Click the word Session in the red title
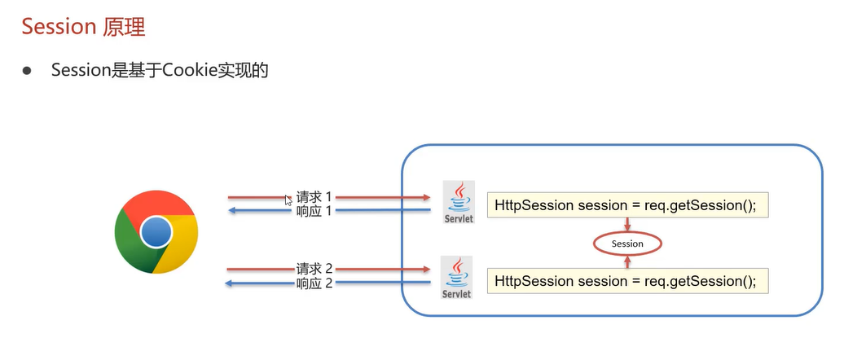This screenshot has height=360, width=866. click(59, 26)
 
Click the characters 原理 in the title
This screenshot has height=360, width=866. click(124, 26)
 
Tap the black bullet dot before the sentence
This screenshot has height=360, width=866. click(26, 72)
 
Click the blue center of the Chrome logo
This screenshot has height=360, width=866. click(156, 234)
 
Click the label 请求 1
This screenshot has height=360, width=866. click(314, 197)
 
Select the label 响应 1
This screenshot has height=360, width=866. click(314, 211)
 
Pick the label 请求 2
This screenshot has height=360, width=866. click(314, 269)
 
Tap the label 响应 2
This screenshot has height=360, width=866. click(314, 283)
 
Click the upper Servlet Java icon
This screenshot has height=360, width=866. click(459, 202)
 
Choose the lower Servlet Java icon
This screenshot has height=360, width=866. click(456, 277)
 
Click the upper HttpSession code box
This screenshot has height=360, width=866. click(627, 205)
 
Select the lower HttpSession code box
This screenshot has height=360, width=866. click(627, 281)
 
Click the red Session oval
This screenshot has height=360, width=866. click(627, 244)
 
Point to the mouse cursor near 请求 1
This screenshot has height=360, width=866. click(288, 200)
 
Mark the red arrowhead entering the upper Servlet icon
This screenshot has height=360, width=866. click(426, 198)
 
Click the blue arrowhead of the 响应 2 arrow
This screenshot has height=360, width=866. click(230, 283)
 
